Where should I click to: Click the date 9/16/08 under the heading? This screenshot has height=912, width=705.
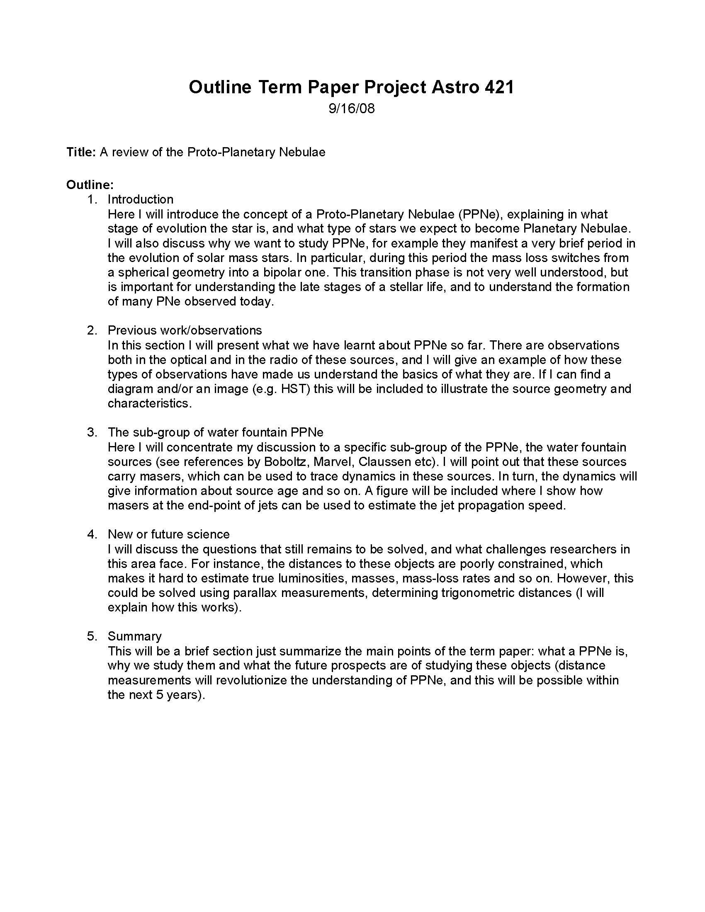[x=351, y=109]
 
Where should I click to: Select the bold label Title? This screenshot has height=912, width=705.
[x=81, y=152]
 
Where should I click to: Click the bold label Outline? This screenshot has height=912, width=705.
[x=90, y=184]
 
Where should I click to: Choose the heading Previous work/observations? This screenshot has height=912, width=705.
[x=185, y=330]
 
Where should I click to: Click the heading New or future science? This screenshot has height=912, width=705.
[x=168, y=534]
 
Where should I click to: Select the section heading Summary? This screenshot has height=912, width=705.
[x=134, y=636]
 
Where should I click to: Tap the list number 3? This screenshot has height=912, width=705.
[x=92, y=432]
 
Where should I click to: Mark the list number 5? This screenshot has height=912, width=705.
[x=92, y=636]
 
